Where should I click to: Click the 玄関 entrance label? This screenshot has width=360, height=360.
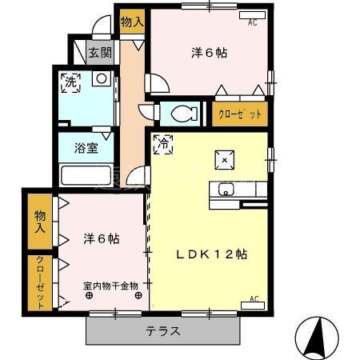pos(101,53)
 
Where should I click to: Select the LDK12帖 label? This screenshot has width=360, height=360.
pos(211,254)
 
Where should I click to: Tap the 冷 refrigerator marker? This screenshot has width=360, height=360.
pos(162,145)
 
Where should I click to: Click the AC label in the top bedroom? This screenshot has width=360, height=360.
pos(253,23)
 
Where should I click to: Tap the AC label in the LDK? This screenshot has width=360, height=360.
pos(254,300)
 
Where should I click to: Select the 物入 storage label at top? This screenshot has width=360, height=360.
pos(132,22)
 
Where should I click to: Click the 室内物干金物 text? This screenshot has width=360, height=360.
pos(110,286)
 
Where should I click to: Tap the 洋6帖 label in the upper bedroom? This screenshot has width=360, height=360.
pos(209,53)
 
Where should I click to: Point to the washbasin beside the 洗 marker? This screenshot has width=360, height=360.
pos(101,79)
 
